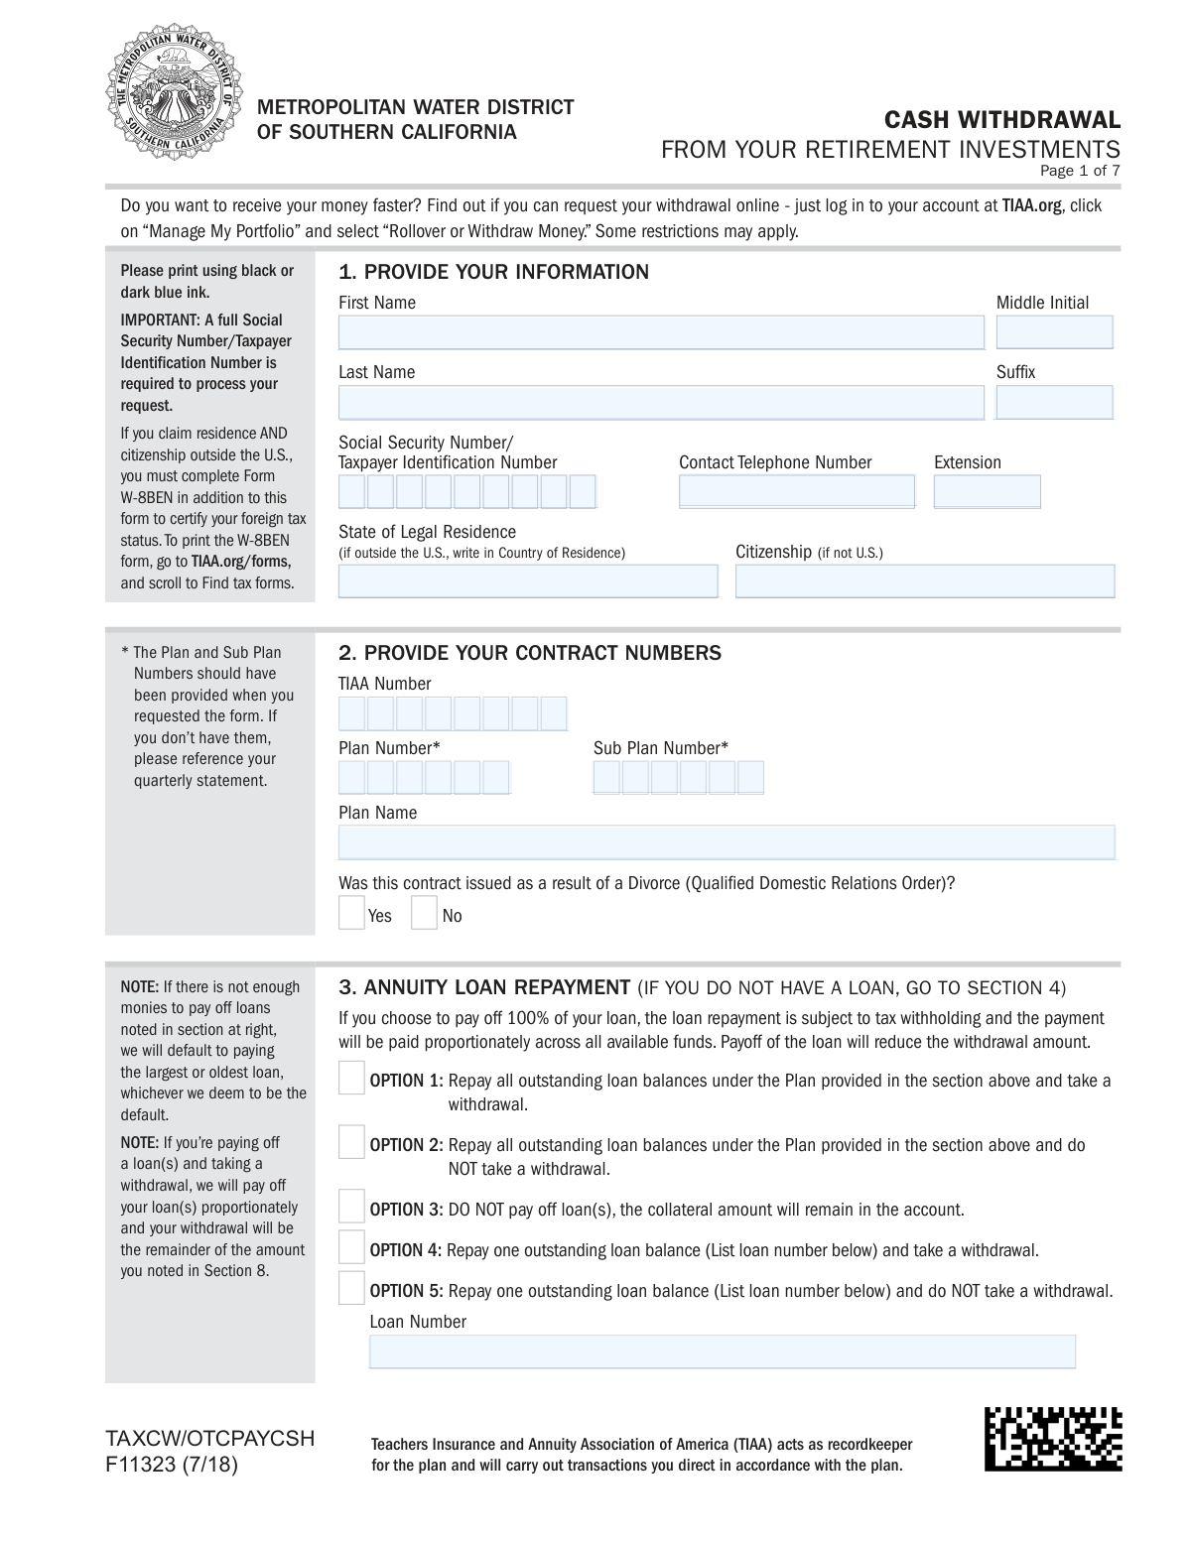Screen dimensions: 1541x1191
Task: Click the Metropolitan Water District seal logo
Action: coord(174,95)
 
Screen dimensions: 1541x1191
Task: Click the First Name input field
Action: coord(661,332)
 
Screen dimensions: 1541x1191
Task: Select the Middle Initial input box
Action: coord(1054,332)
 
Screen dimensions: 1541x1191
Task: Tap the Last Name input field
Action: coord(661,402)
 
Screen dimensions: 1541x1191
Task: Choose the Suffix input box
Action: coord(1054,402)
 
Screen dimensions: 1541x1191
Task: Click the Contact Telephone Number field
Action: coord(796,491)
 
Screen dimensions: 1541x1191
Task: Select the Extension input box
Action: coord(987,491)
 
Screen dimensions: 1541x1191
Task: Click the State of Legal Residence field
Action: coord(527,580)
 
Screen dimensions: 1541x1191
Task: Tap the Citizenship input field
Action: coord(924,580)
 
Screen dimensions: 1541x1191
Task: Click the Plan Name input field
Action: coord(726,842)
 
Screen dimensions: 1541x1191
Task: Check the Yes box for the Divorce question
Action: coord(351,913)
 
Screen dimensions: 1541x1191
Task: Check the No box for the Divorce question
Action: coord(424,913)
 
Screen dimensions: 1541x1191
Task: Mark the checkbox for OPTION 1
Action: coord(351,1078)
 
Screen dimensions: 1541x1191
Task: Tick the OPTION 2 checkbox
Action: coord(351,1142)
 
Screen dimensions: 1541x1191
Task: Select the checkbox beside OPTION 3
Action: coord(351,1207)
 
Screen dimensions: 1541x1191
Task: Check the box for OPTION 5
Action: coord(351,1288)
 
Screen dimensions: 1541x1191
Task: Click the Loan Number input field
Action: coord(722,1351)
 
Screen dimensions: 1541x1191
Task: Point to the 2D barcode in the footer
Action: coord(1053,1439)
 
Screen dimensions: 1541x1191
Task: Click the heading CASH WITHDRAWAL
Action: coord(1001,120)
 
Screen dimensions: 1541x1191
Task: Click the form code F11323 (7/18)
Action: coord(172,1464)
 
